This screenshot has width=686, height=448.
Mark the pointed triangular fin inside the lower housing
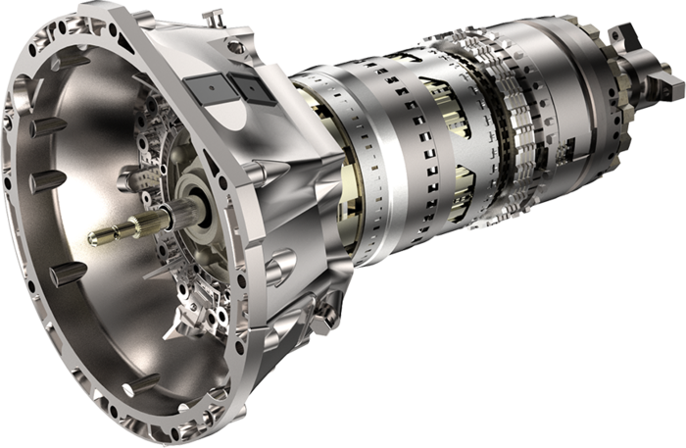coord(186,314)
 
